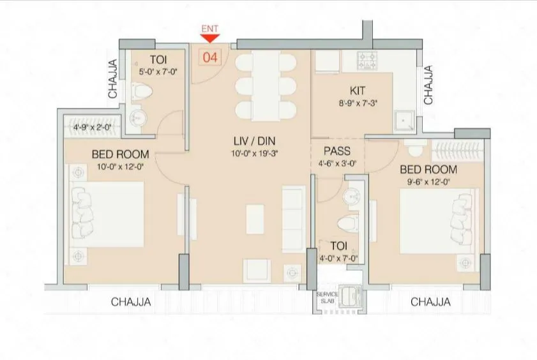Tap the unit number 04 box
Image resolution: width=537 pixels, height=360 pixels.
click(210, 57)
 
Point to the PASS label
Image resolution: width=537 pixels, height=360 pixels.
click(336, 152)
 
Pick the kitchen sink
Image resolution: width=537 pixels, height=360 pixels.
click(404, 121)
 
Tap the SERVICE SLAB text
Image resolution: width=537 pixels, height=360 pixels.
click(327, 297)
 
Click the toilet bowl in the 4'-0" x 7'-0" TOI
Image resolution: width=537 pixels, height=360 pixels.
click(345, 223)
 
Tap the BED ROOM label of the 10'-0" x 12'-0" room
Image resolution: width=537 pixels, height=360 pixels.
click(120, 154)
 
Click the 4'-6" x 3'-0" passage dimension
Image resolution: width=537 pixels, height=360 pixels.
click(336, 163)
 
